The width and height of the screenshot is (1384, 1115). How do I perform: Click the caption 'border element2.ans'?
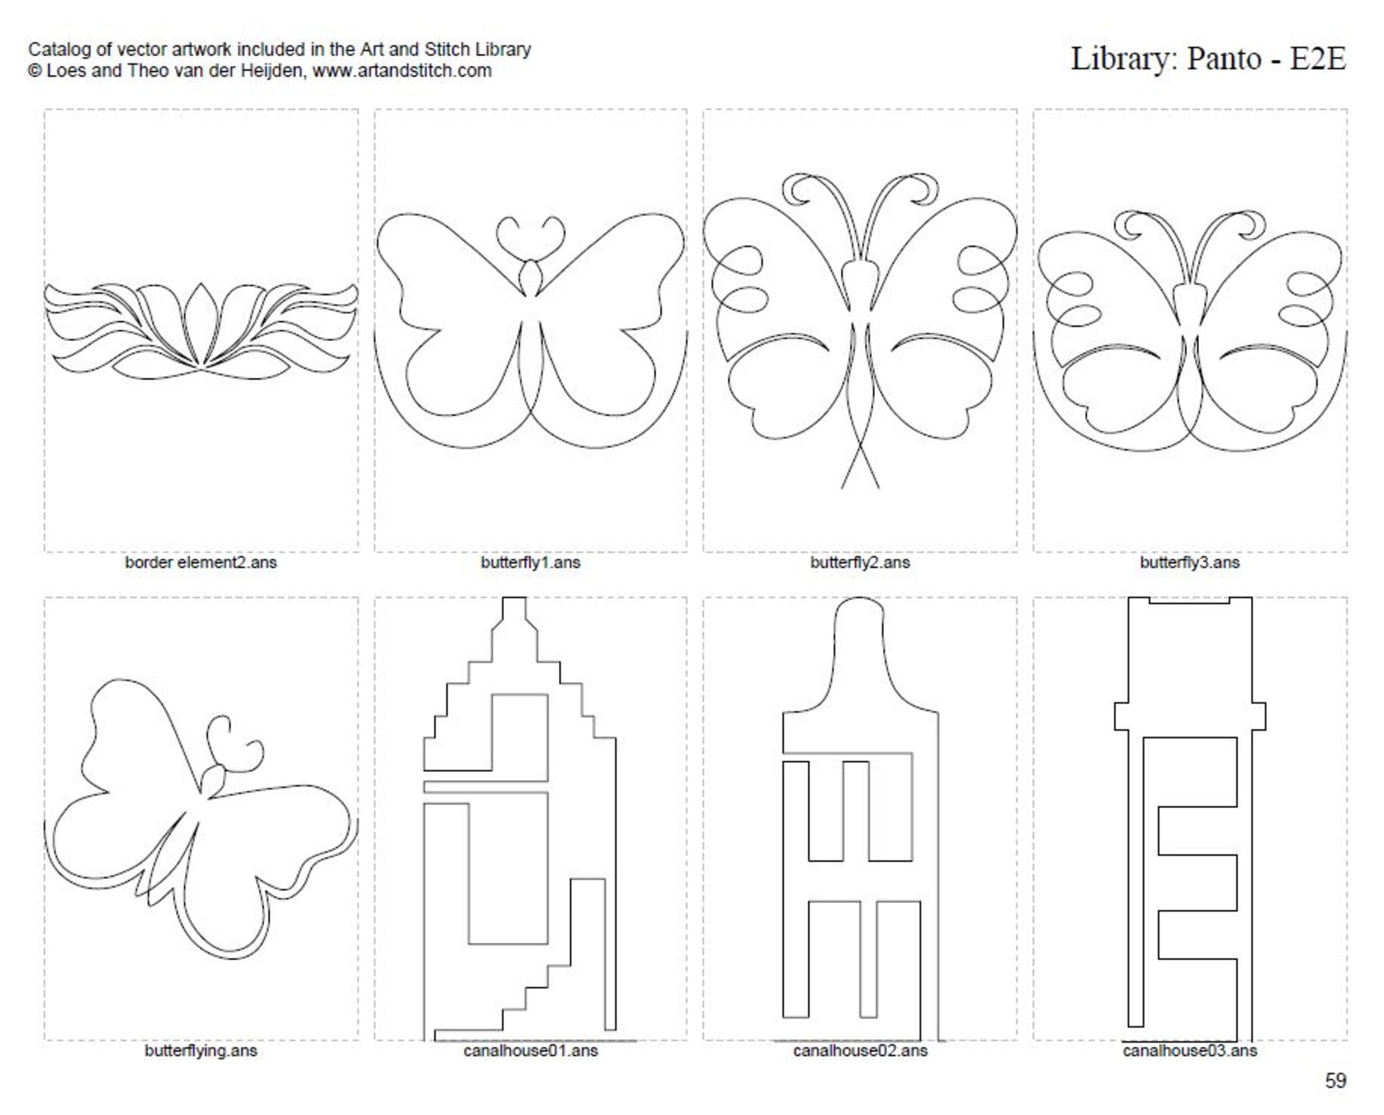click(200, 563)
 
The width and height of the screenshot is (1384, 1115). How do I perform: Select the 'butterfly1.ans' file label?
click(531, 563)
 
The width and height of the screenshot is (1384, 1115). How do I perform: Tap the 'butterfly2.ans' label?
click(860, 563)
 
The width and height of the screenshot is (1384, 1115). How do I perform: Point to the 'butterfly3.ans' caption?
click(1190, 563)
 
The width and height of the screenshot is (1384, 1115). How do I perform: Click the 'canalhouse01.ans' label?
click(531, 1051)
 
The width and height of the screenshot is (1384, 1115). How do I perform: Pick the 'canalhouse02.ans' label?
click(860, 1051)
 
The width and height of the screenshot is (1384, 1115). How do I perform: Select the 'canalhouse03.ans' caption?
click(1190, 1051)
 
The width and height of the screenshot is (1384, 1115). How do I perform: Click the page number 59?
click(1336, 1081)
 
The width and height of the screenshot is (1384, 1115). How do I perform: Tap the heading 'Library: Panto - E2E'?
click(1208, 59)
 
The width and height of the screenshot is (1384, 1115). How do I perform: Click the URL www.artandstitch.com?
click(402, 71)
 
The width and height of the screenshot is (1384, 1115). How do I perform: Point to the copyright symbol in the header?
click(34, 71)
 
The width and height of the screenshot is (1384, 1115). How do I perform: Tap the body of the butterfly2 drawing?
click(860, 286)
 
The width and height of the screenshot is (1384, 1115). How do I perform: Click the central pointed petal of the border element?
click(201, 321)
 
